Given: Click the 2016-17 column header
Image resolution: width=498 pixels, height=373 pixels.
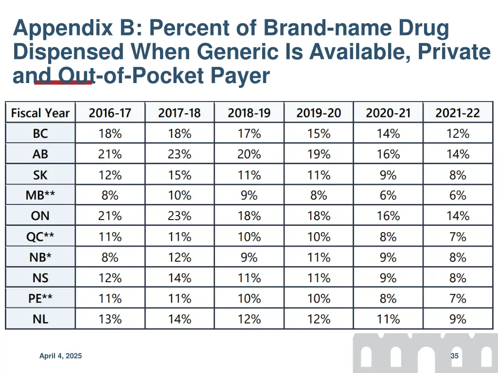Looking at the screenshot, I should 110,113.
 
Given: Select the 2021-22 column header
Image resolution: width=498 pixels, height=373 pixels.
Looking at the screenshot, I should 458,113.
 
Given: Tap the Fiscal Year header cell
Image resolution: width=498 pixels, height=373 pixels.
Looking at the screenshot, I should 40,113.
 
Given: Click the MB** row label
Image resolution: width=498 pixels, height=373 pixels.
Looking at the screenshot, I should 40,196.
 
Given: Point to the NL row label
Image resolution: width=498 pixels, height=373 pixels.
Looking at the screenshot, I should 40,319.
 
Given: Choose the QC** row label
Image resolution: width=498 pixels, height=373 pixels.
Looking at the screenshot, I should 40,237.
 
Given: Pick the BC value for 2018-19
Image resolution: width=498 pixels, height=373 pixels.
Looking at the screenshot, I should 249,134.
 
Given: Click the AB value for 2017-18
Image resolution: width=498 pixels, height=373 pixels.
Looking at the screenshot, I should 179,154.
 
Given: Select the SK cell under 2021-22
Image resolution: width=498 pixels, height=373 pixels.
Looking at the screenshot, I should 458,175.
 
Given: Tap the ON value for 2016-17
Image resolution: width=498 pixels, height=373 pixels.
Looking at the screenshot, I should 110,216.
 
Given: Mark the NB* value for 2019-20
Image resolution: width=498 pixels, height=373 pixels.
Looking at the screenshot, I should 319,257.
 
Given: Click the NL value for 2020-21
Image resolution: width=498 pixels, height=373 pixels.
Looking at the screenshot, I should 388,319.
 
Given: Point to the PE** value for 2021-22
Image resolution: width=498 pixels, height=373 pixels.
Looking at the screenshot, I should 458,299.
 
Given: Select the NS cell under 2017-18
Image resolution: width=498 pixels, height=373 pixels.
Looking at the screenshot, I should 179,278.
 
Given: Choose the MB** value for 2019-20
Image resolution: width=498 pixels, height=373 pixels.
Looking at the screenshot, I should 319,196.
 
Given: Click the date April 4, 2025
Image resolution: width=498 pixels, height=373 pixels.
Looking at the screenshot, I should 60,356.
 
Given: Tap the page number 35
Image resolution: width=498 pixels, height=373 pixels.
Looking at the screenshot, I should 455,356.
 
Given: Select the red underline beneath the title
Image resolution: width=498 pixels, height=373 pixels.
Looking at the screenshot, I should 63,83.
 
